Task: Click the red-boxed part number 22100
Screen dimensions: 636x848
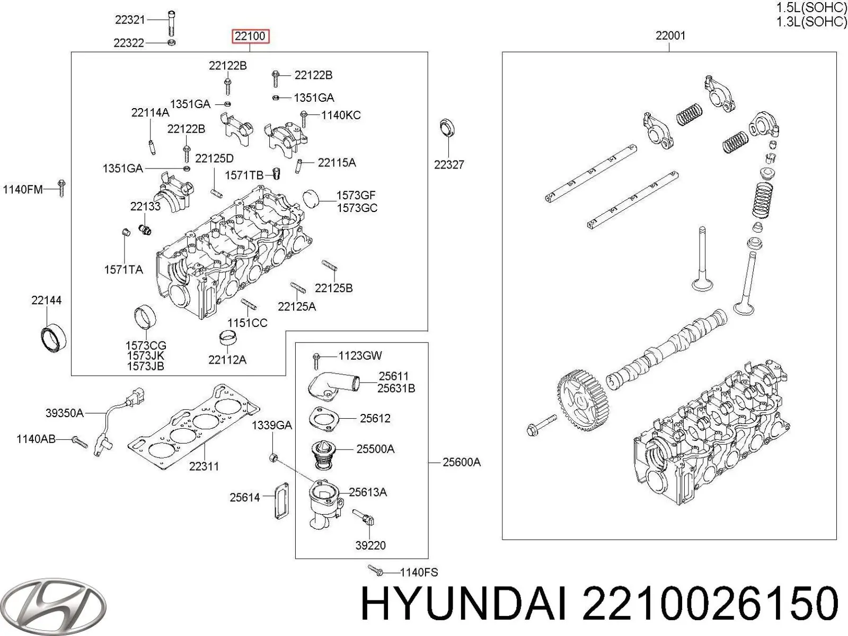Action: pyautogui.click(x=250, y=37)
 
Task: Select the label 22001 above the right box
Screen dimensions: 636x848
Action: pyautogui.click(x=670, y=36)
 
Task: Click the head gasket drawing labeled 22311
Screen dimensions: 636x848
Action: pyautogui.click(x=193, y=429)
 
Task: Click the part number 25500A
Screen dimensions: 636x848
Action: pyautogui.click(x=375, y=449)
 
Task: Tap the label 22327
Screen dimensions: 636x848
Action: pyautogui.click(x=449, y=165)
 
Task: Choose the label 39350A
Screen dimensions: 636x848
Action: pyautogui.click(x=65, y=413)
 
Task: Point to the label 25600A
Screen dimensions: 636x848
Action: pyautogui.click(x=462, y=462)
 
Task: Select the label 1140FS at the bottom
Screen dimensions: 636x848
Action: pyautogui.click(x=419, y=572)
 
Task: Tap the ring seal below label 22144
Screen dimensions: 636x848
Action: pyautogui.click(x=53, y=337)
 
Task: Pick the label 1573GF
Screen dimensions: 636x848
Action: pyautogui.click(x=356, y=195)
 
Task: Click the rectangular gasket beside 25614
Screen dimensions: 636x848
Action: pyautogui.click(x=281, y=500)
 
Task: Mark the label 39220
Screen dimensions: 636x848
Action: pyautogui.click(x=370, y=545)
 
